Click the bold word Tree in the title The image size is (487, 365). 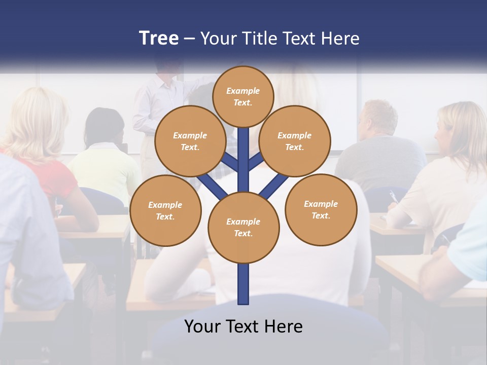(159, 39)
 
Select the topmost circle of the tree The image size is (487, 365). (243, 96)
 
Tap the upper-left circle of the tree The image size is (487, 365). (190, 141)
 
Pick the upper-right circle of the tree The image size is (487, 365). (295, 141)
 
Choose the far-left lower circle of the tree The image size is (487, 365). (165, 210)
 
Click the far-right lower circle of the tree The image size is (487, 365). (321, 209)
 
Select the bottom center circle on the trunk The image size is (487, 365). (243, 228)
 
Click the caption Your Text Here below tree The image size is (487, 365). (243, 326)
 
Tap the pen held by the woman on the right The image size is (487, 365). (393, 197)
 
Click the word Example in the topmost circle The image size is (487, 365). (243, 91)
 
